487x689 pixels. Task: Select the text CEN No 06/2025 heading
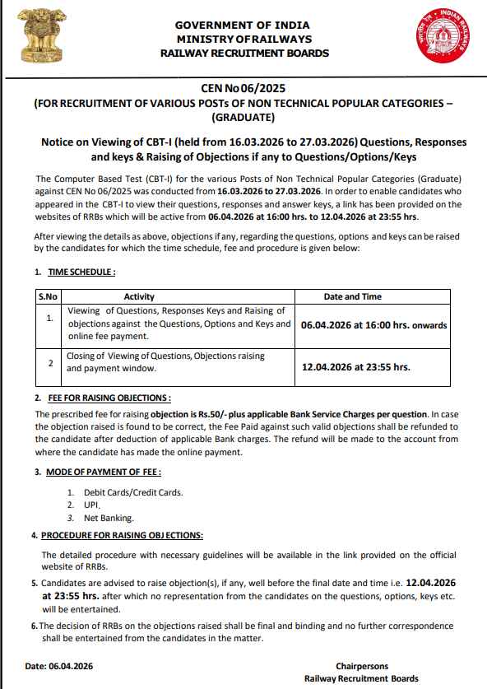pos(243,88)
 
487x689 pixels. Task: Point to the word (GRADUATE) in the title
pos(243,117)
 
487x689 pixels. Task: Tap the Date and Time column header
pos(352,296)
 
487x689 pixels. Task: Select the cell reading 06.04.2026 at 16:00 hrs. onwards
pos(373,325)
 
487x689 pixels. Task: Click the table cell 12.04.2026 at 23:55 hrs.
pos(355,367)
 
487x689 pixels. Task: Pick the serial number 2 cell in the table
pos(50,362)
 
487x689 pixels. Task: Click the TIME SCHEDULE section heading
pos(81,272)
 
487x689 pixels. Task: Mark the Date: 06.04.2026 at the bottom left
pos(59,666)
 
